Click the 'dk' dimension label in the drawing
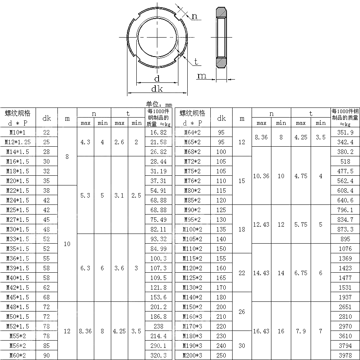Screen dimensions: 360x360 tap(157, 89)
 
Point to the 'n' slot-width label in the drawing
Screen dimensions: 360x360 tap(195, 16)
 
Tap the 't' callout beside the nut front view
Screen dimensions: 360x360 tap(196, 61)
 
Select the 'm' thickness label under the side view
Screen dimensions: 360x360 tap(201, 76)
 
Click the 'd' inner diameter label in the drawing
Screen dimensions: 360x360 tap(157, 78)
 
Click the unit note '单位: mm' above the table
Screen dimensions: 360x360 tap(159, 104)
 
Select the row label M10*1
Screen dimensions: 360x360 tap(18, 133)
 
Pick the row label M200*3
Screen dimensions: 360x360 tap(192, 356)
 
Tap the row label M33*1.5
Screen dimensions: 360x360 tap(18, 239)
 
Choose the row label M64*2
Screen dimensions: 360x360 tap(192, 133)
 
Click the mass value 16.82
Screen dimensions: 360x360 tap(158, 133)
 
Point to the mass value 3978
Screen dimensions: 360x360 tap(345, 356)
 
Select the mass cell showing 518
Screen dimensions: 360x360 tap(345, 162)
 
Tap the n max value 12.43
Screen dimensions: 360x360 tap(261, 225)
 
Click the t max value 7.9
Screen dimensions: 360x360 tap(301, 331)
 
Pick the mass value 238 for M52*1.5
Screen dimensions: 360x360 tap(158, 326)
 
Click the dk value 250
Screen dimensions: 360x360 tap(221, 356)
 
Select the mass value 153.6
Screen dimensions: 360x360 tap(158, 297)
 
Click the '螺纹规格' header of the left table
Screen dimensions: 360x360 tap(18, 113)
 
